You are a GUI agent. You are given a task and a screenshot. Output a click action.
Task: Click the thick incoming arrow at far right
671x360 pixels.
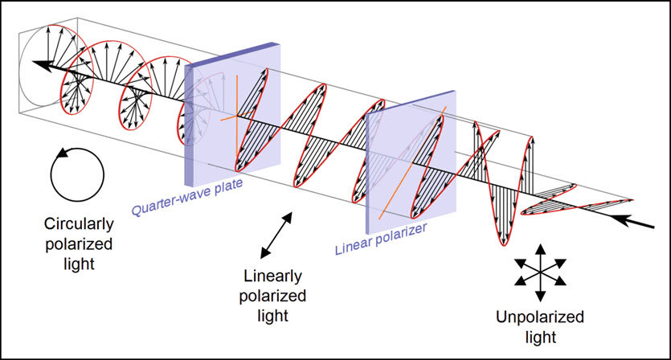point(639,222)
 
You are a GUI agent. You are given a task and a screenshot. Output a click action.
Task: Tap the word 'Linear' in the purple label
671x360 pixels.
point(350,245)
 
